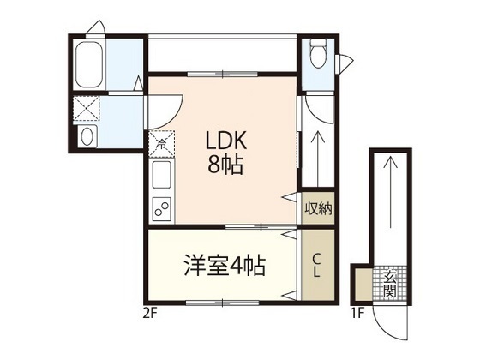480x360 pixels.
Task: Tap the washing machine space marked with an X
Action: [87, 109]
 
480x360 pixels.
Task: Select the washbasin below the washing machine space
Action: [87, 137]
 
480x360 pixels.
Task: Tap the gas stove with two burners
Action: [161, 207]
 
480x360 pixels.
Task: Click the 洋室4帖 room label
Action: [222, 265]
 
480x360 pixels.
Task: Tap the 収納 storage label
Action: [318, 208]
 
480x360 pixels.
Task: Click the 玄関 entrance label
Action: [389, 284]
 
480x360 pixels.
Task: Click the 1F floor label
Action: [357, 312]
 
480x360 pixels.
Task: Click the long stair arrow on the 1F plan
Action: [390, 206]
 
